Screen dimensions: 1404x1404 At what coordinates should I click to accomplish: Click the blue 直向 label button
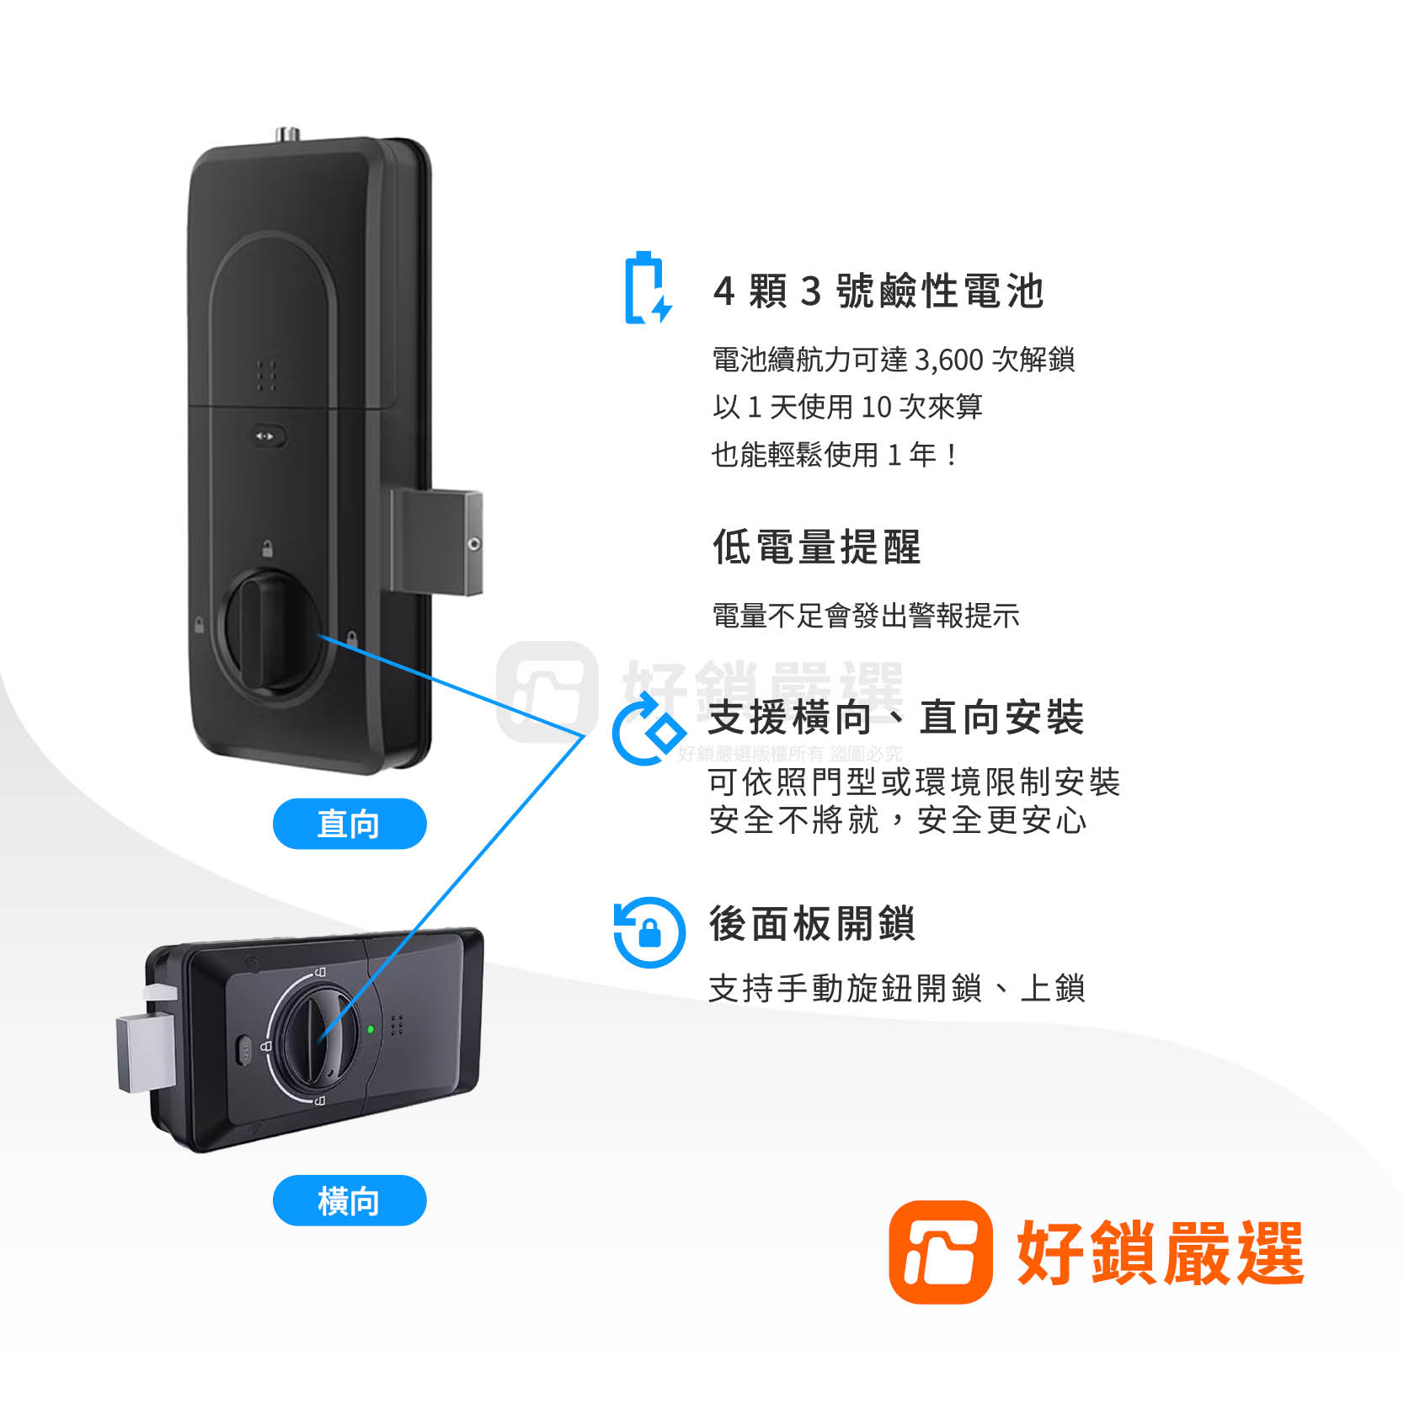(x=349, y=823)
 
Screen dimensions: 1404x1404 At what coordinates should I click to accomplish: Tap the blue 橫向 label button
(x=349, y=1199)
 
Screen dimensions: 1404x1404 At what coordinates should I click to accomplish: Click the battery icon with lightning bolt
(x=647, y=289)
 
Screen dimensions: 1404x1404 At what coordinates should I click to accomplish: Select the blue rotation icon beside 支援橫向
(x=646, y=729)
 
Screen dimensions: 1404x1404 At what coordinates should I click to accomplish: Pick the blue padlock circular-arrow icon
(x=649, y=932)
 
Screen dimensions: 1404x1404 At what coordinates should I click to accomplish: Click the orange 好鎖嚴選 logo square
(x=940, y=1252)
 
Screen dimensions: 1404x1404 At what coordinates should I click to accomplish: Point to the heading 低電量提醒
(x=816, y=547)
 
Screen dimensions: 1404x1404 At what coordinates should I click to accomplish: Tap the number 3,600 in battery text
(x=948, y=360)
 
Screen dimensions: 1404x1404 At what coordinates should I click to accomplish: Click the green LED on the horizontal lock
(x=370, y=1028)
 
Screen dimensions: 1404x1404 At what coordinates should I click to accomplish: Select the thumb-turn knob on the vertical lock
(x=268, y=629)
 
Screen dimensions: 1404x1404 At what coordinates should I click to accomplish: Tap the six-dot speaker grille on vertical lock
(x=267, y=376)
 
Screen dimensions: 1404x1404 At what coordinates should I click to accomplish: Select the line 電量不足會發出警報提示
(x=865, y=616)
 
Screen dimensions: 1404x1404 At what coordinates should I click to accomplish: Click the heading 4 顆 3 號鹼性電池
(x=878, y=291)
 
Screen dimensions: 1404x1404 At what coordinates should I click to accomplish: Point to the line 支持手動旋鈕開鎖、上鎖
(x=896, y=988)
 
